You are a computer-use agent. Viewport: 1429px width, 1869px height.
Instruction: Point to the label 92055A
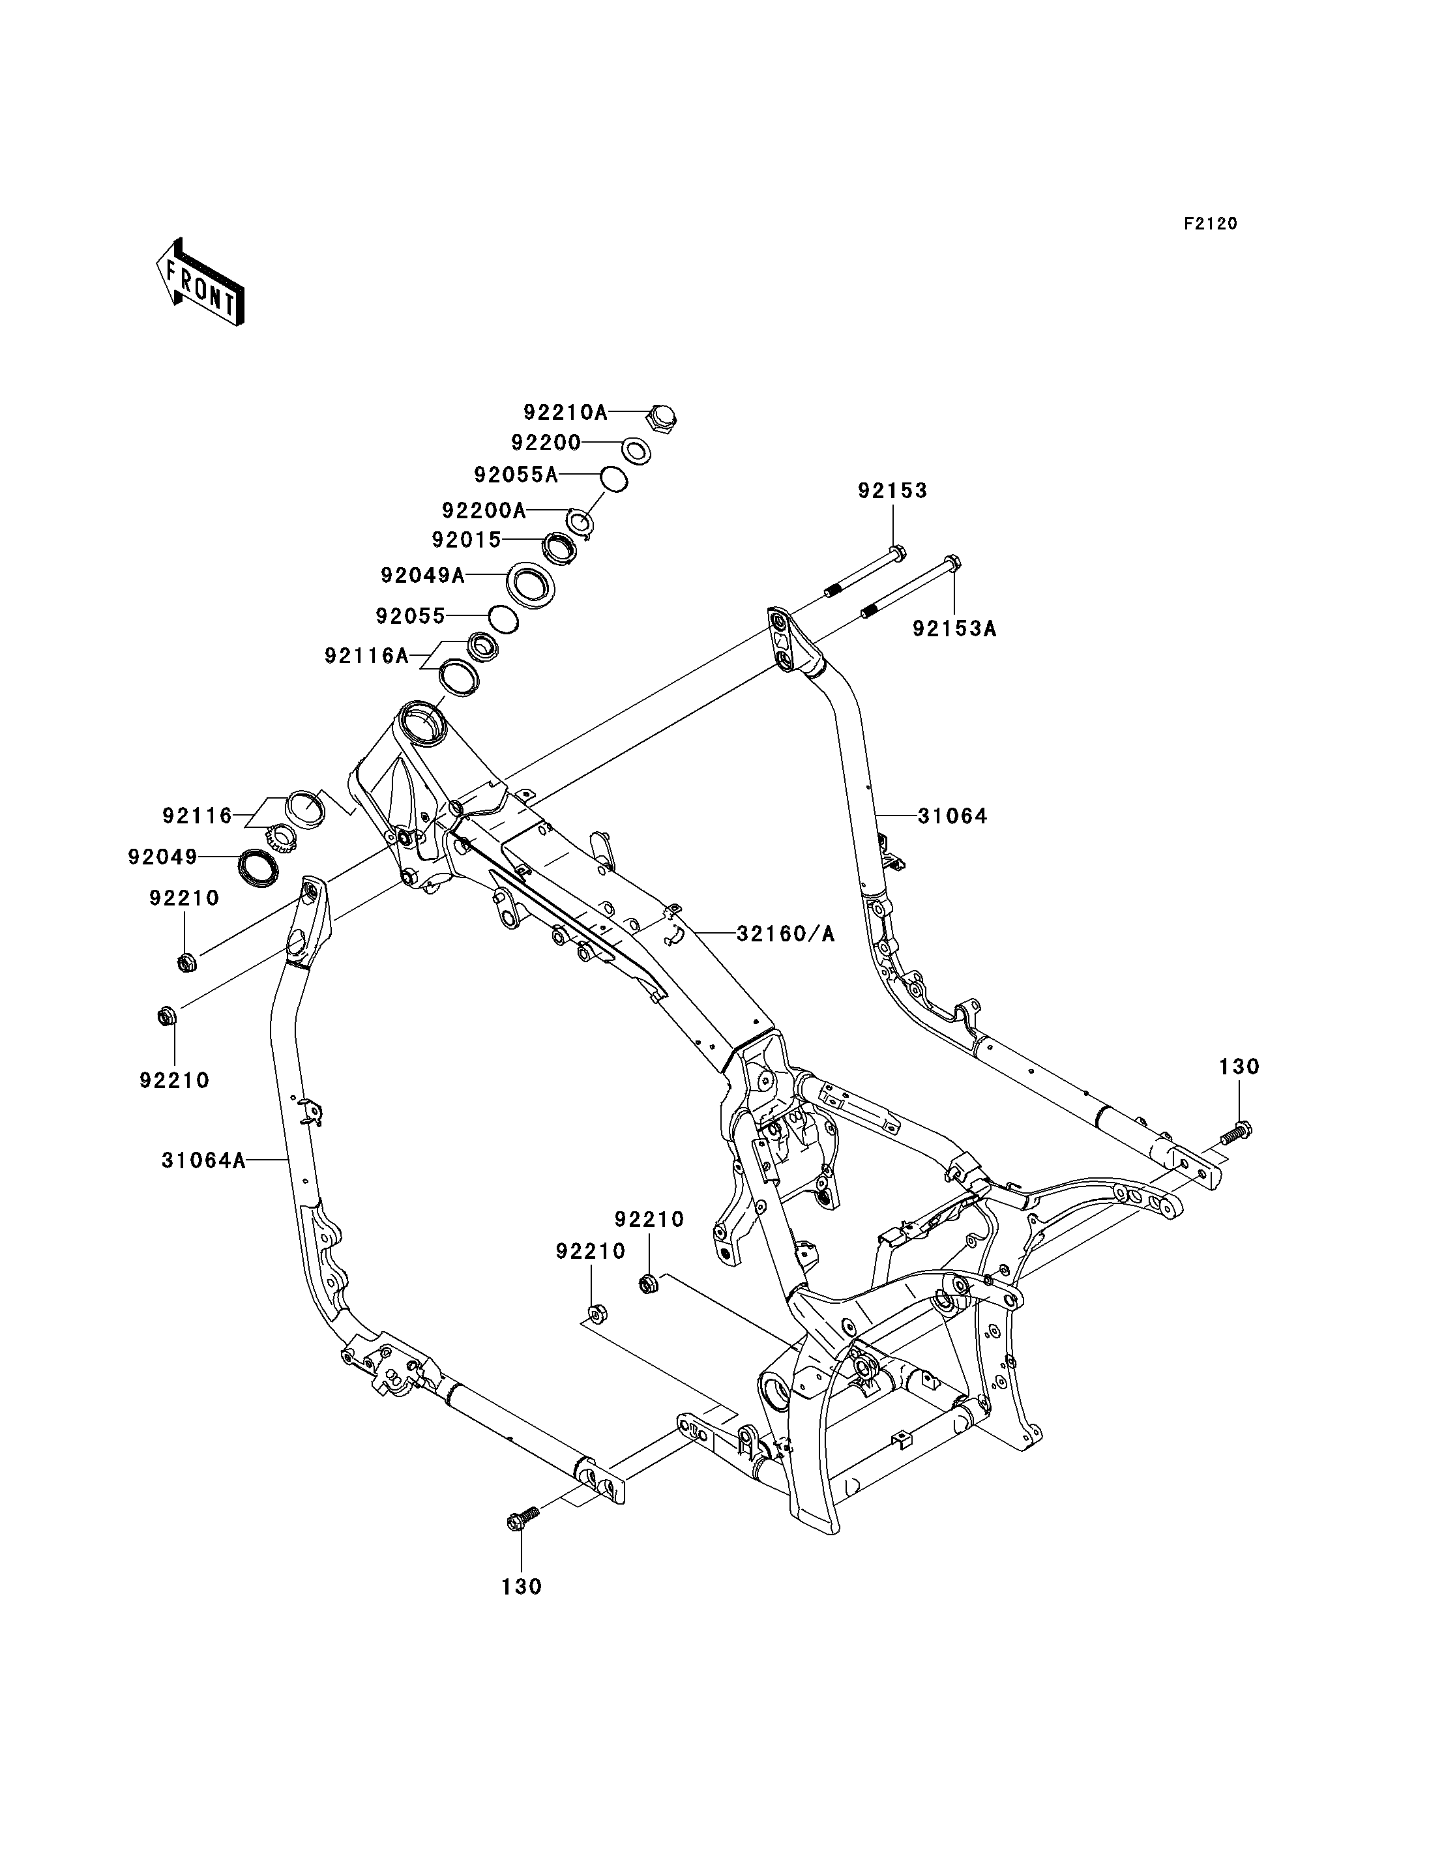516,475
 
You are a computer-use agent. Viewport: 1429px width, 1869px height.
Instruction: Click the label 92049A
422,576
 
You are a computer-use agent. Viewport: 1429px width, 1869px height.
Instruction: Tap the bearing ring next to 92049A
531,583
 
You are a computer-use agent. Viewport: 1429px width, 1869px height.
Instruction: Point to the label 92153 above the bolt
892,491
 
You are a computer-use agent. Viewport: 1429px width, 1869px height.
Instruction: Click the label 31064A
204,1160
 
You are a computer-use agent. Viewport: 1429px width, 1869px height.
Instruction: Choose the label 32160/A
786,934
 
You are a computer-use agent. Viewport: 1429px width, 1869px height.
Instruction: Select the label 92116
198,816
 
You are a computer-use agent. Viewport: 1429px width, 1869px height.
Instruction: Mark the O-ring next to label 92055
503,620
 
